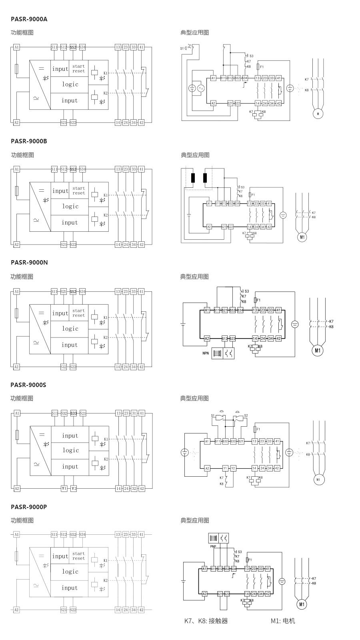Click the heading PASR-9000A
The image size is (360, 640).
coord(29,19)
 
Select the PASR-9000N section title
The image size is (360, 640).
coord(29,263)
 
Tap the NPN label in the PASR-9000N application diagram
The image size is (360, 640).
coord(205,353)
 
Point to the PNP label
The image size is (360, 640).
coord(213,546)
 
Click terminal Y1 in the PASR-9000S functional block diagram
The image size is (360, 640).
coord(64,489)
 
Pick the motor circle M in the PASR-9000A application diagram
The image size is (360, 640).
coord(318,114)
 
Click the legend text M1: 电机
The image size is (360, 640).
coord(283,621)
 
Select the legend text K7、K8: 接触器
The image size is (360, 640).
coord(206,621)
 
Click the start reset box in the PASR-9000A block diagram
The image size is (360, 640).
coord(78,68)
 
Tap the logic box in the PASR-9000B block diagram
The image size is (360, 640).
coord(70,207)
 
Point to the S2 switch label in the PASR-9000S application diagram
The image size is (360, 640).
coord(246,415)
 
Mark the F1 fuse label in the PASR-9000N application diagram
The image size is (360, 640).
coord(258,300)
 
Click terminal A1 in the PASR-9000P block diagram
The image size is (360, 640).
coord(16,534)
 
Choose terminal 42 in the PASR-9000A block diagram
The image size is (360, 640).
coord(141,122)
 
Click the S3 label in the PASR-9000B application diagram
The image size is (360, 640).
coord(242,187)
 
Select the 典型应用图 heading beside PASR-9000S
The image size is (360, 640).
coord(194,398)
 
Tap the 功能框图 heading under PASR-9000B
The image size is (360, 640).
coord(22,155)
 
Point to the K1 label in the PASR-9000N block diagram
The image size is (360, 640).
coord(106,317)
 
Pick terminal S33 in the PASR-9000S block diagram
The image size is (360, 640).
coord(74,413)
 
